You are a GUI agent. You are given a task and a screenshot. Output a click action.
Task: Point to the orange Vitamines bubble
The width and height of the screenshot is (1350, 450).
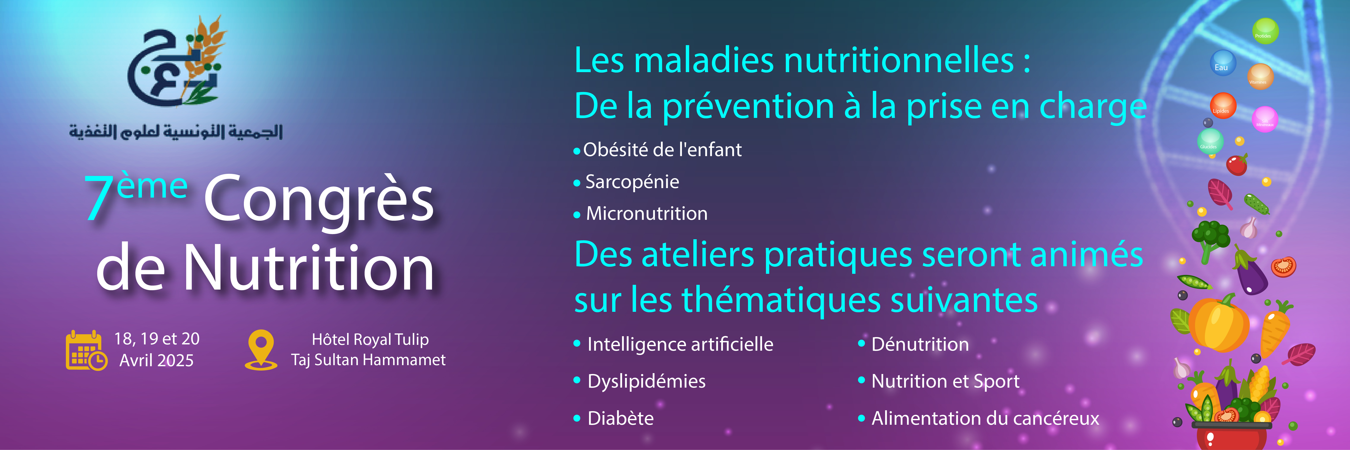coord(1260,76)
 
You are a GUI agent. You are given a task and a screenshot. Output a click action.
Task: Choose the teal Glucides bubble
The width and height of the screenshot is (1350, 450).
coord(1210,141)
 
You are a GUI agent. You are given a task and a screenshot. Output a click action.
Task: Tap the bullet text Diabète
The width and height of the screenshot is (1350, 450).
coord(621,418)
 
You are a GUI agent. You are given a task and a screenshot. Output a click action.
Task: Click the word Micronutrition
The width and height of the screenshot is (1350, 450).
coord(647,214)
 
